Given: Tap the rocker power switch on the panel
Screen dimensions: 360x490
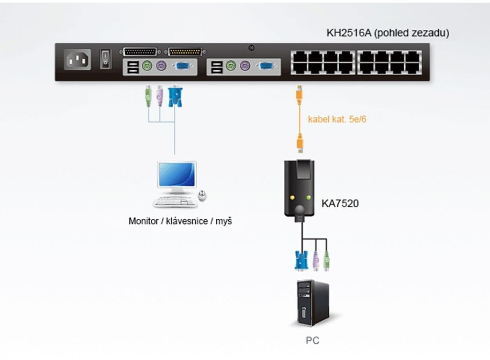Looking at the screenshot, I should point(106,59).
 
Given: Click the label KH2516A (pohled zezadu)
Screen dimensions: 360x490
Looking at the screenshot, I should point(388,34).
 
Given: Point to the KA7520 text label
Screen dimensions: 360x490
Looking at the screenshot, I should point(340,203).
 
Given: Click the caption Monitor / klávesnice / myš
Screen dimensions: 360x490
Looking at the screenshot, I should point(180,222).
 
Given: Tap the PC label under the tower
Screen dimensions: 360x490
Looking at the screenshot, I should point(312,341).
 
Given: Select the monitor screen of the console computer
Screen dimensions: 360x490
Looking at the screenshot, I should point(177,175).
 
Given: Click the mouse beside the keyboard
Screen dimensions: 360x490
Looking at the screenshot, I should point(203,195).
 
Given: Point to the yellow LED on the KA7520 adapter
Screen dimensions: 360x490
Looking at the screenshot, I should point(291,197).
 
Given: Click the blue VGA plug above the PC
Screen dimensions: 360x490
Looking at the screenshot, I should point(301,261).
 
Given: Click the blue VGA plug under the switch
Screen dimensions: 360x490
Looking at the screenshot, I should point(175,96).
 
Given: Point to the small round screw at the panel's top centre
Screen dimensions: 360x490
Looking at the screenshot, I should point(252,47).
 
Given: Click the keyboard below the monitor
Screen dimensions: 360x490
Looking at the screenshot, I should point(175,201).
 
